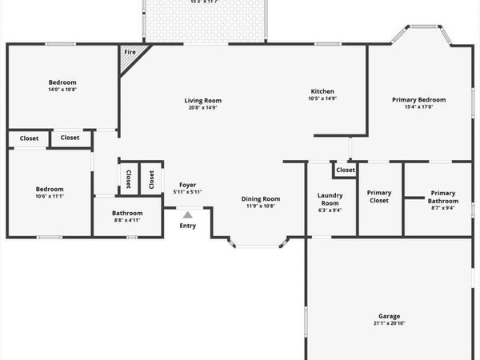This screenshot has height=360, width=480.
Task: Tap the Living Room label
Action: click(x=202, y=101)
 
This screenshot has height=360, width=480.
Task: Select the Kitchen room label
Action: click(x=322, y=91)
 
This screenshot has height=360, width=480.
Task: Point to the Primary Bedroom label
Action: click(x=418, y=100)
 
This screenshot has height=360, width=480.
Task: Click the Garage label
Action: click(x=389, y=316)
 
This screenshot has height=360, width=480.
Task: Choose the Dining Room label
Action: click(x=261, y=198)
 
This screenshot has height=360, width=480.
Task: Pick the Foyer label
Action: click(x=187, y=185)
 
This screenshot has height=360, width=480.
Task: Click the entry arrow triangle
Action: click(x=187, y=214)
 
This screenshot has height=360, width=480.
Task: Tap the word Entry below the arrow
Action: click(x=187, y=226)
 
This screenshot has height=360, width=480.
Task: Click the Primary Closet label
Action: click(x=378, y=196)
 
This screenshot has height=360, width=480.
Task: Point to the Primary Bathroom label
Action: click(x=442, y=196)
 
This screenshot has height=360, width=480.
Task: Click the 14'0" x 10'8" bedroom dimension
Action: click(x=62, y=90)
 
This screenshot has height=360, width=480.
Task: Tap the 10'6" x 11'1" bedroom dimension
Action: click(x=49, y=197)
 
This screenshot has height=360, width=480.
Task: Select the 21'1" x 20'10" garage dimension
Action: click(x=389, y=323)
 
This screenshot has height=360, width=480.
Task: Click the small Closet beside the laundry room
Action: click(x=346, y=170)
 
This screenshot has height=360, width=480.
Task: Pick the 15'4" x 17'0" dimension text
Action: click(x=418, y=107)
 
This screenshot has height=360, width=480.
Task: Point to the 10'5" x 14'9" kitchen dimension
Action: click(x=322, y=98)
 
